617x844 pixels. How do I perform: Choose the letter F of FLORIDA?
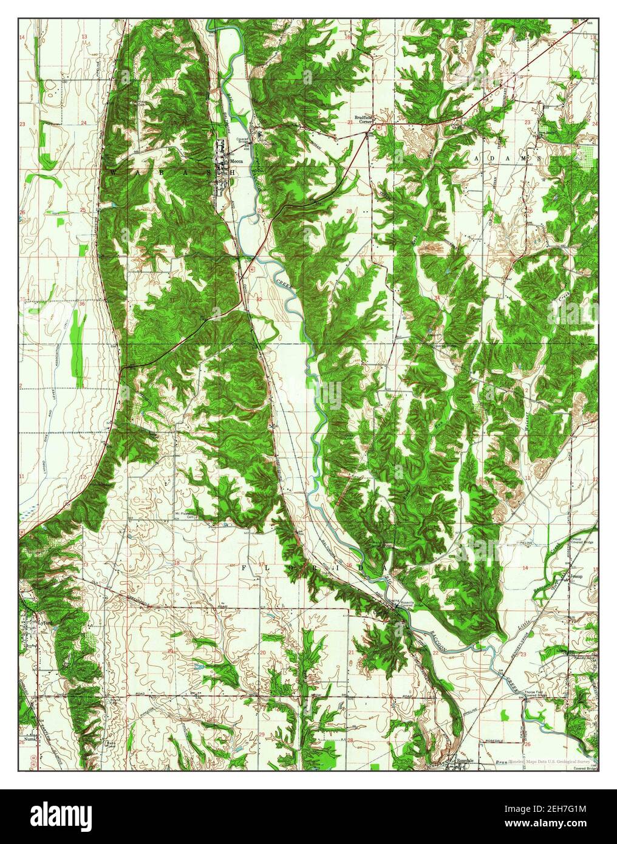(245, 566)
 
